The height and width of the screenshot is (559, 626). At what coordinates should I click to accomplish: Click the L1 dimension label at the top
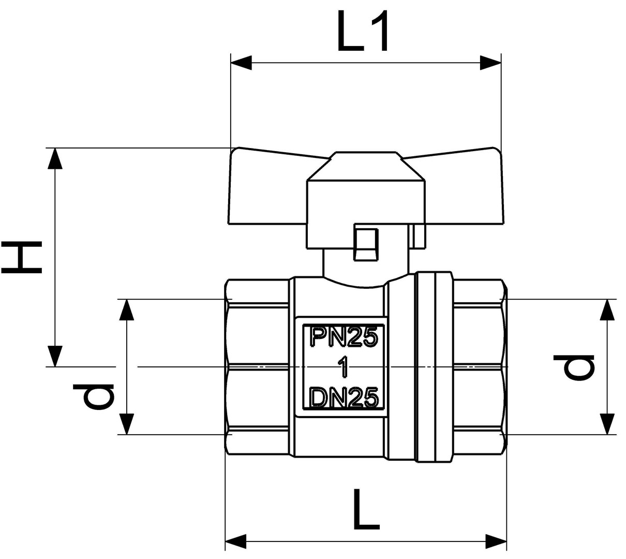tap(363, 31)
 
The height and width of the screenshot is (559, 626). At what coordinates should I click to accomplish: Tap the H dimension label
tap(21, 258)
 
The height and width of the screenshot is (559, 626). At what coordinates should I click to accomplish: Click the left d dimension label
tap(94, 396)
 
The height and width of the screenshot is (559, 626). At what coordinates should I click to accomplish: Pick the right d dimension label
tap(574, 367)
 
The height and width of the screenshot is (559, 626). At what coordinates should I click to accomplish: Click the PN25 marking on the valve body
tap(344, 337)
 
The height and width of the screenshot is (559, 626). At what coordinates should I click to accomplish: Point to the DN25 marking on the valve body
tap(344, 397)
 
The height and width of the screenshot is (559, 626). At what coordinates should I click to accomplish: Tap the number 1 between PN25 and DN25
tap(344, 367)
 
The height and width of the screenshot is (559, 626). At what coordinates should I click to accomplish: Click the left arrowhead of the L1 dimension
tap(241, 63)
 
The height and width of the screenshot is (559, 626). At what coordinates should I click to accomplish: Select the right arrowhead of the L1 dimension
tap(490, 63)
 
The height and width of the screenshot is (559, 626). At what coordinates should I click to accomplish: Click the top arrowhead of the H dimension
tap(55, 158)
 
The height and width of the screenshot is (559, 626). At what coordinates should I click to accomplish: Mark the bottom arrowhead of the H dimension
tap(55, 356)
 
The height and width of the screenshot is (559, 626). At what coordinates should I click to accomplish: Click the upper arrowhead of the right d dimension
tap(607, 310)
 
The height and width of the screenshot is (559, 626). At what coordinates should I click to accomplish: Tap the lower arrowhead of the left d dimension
tap(126, 424)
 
